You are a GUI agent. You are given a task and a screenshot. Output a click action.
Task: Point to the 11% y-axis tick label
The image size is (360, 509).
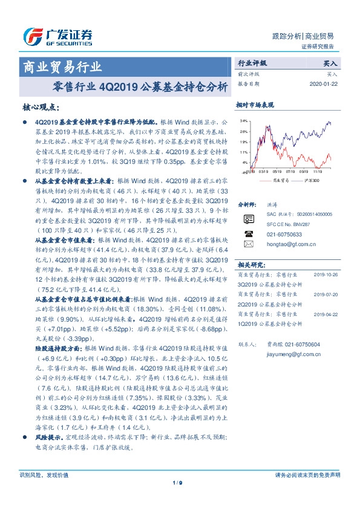click(x=243, y=152)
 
